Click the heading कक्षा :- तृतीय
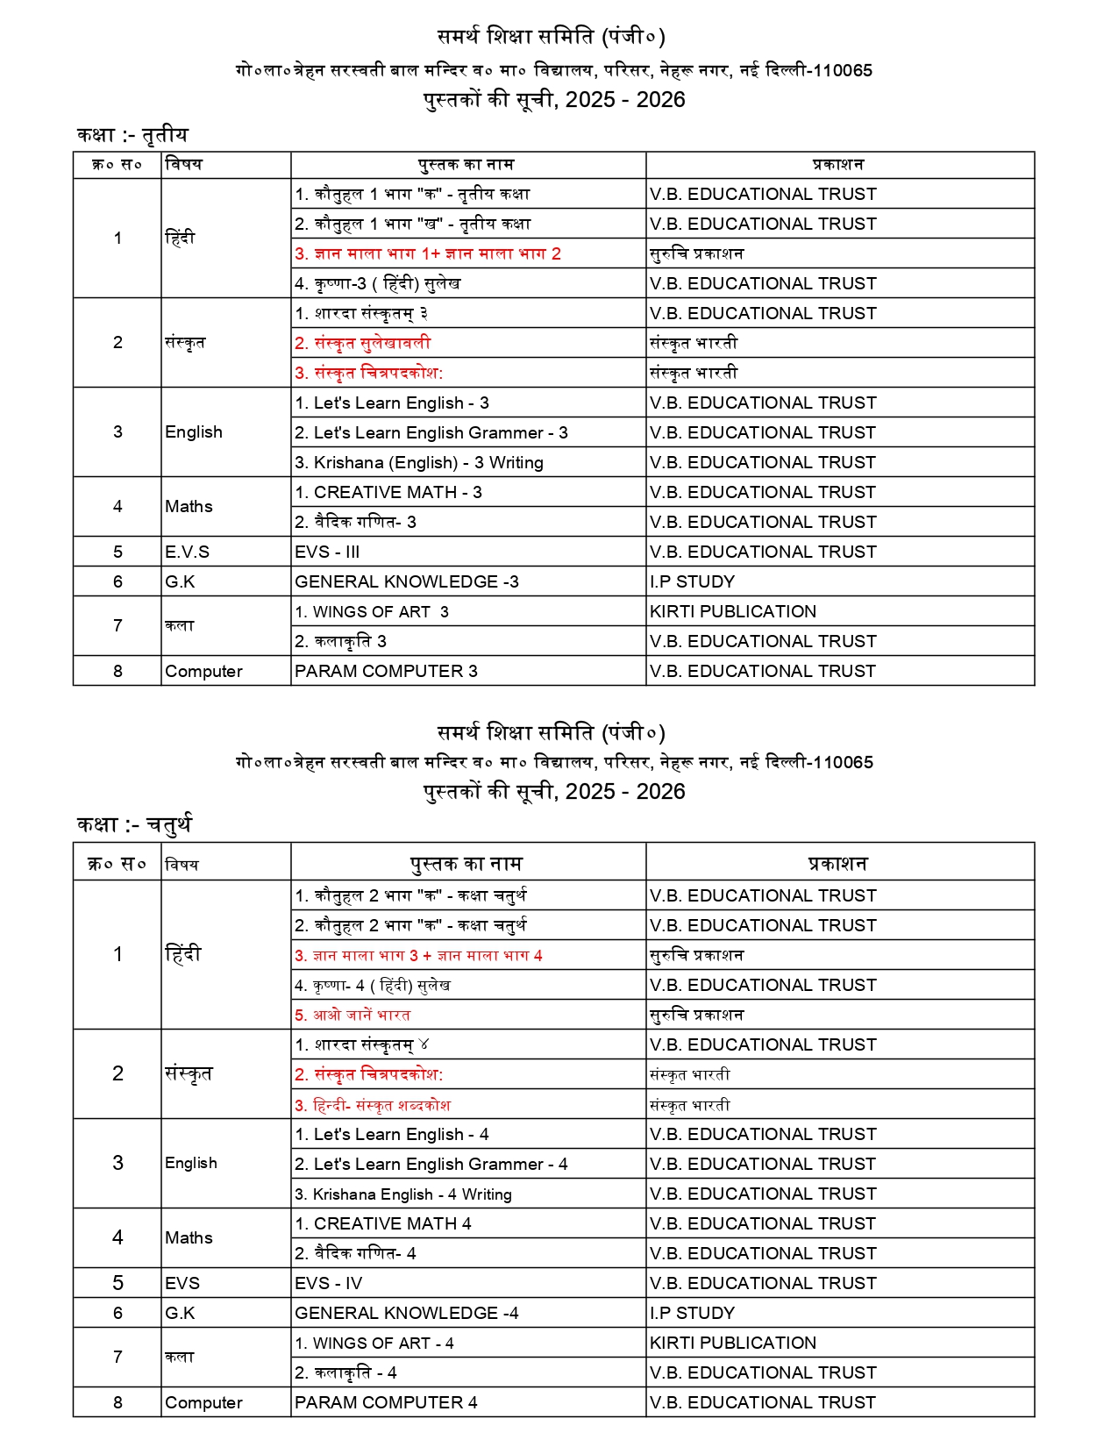coord(132,135)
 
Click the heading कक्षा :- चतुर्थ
coord(133,824)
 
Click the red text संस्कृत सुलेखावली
coord(363,344)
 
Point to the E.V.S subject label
coord(187,552)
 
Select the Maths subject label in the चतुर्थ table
coord(189,1238)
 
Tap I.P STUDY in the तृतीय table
coord(692,582)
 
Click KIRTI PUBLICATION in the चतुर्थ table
coord(732,1344)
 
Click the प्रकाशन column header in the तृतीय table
coord(838,165)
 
